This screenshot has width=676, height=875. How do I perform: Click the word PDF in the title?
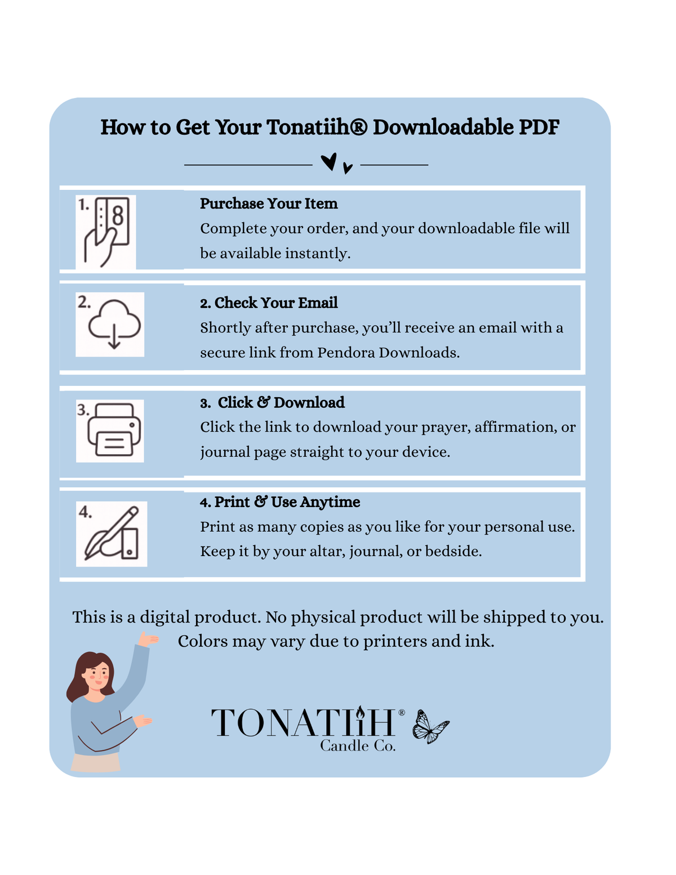click(539, 127)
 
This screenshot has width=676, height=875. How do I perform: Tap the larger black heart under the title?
click(329, 162)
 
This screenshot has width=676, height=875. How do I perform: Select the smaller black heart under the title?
click(348, 168)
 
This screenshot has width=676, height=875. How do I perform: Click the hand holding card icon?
click(106, 232)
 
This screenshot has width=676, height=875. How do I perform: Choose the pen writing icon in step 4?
click(112, 534)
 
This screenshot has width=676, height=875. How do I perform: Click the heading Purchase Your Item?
click(269, 204)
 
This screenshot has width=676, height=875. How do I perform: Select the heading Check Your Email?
click(276, 303)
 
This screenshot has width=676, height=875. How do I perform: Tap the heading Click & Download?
click(281, 402)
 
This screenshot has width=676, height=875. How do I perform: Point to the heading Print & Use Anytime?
click(287, 501)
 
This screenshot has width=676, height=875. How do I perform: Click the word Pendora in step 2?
click(346, 352)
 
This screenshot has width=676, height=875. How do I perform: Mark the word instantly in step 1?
click(318, 254)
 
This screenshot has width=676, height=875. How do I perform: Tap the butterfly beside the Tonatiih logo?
click(430, 726)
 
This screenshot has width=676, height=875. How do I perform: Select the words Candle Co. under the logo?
click(358, 746)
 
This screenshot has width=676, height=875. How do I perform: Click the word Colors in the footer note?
click(202, 641)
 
